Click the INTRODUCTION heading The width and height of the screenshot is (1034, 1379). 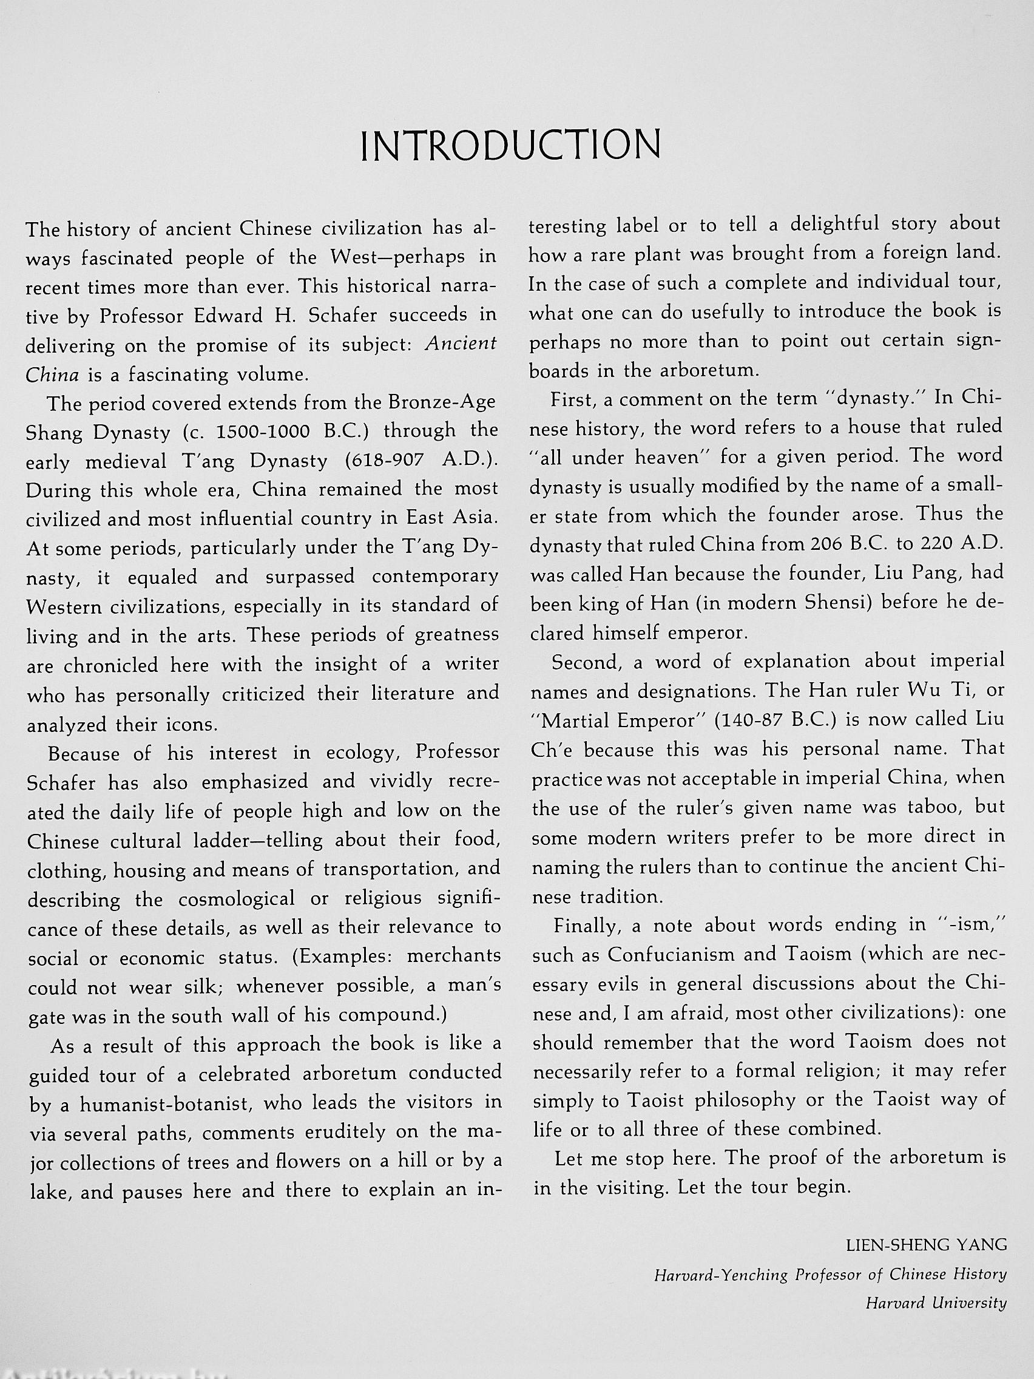click(x=510, y=145)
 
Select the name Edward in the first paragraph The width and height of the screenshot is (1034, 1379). click(x=226, y=316)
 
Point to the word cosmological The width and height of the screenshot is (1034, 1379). click(x=236, y=899)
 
